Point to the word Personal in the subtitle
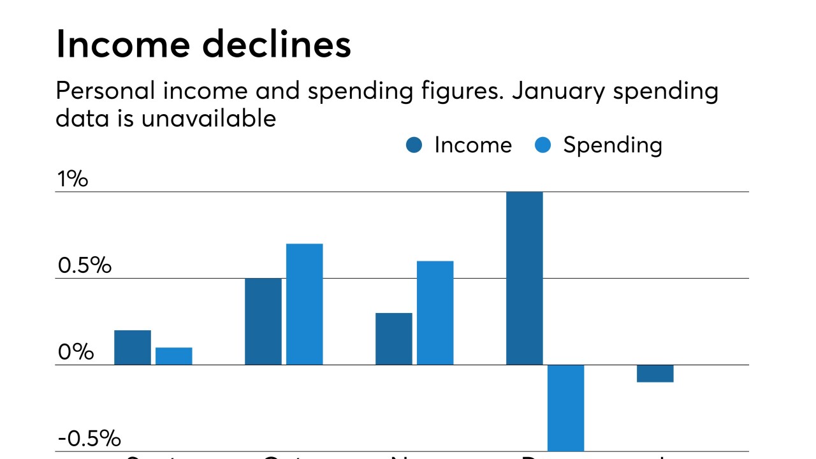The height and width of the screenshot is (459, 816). click(x=105, y=91)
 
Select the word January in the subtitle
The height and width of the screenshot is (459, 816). click(x=558, y=91)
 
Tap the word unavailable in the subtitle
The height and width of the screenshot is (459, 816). click(x=208, y=119)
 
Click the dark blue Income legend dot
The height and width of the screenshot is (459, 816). click(x=414, y=145)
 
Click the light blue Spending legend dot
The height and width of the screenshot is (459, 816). click(x=543, y=145)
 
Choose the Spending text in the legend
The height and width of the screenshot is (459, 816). click(x=612, y=146)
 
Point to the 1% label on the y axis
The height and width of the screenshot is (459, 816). click(x=72, y=179)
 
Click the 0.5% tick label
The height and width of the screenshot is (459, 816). click(x=84, y=266)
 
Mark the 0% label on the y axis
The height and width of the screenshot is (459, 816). click(x=75, y=352)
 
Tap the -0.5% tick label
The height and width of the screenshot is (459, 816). click(x=89, y=439)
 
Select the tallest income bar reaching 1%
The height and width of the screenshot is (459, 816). click(x=524, y=278)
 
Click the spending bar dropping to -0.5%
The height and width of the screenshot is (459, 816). click(x=565, y=408)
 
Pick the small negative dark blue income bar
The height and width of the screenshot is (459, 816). click(x=655, y=374)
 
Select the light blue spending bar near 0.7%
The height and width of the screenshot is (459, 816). click(x=304, y=304)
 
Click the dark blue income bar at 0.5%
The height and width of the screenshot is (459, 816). click(x=263, y=321)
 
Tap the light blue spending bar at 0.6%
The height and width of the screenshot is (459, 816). click(x=435, y=312)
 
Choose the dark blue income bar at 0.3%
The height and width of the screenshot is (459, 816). click(x=393, y=339)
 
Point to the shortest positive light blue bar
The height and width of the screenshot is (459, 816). click(x=173, y=356)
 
